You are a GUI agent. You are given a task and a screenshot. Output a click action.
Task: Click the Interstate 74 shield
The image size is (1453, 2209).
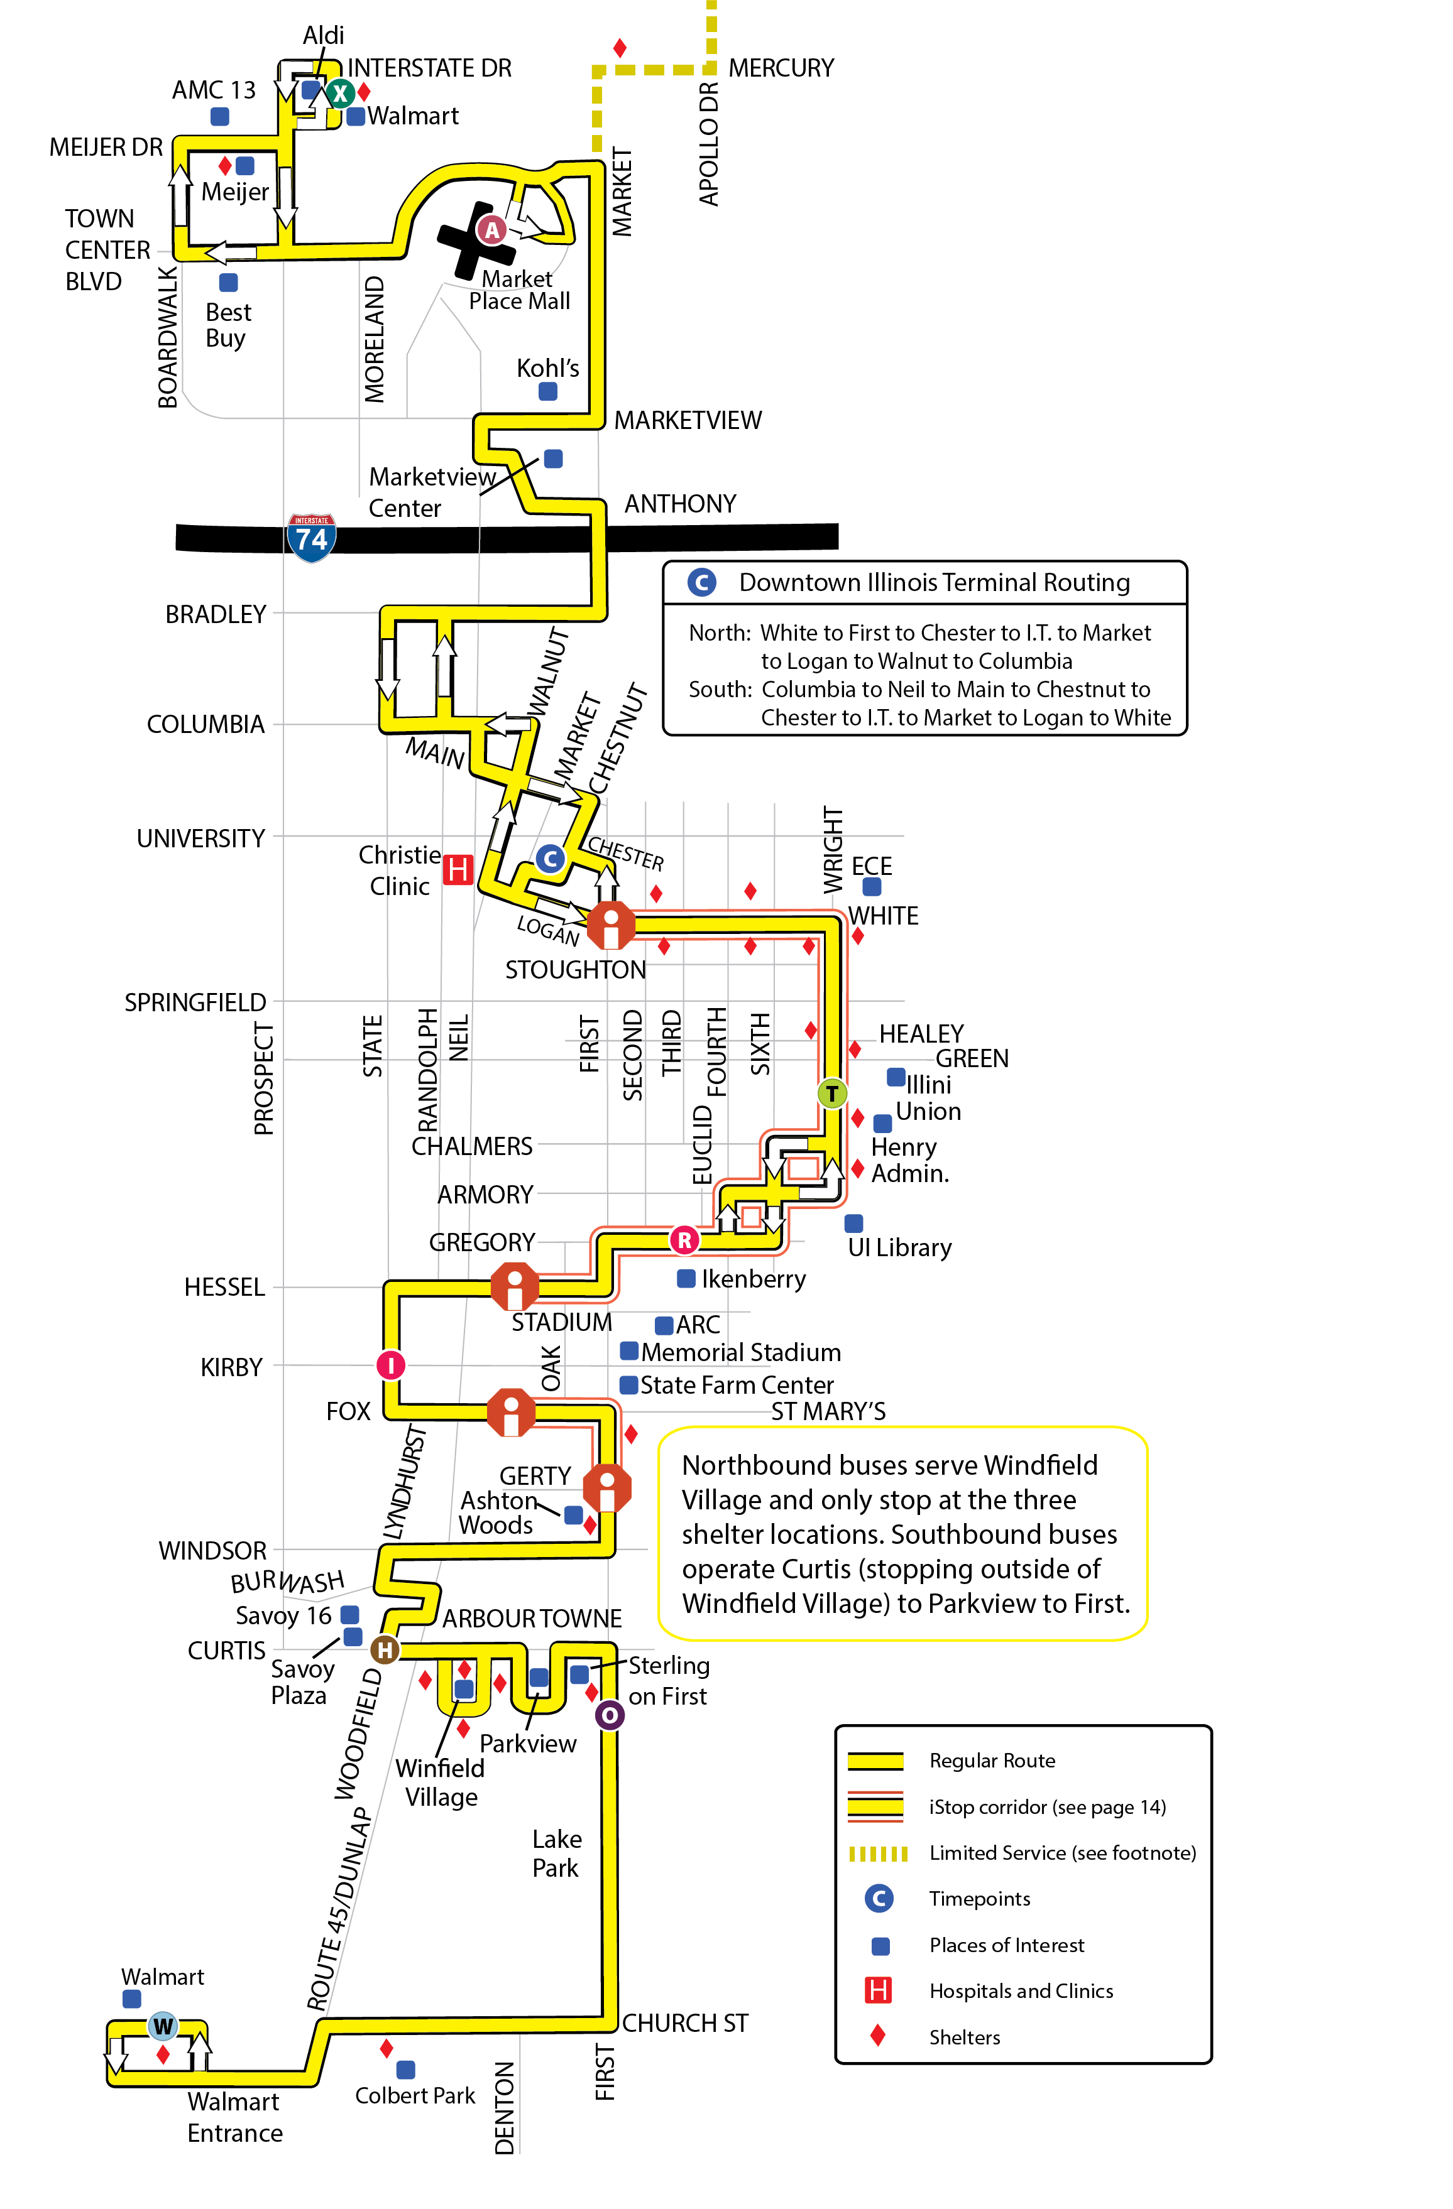tap(311, 538)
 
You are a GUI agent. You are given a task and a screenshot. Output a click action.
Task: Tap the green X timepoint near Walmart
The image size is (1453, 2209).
tap(340, 93)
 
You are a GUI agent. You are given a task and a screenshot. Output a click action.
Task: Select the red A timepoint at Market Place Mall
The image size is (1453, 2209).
tap(491, 229)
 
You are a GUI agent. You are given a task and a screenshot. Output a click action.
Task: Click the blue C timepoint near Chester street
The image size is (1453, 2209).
tap(551, 859)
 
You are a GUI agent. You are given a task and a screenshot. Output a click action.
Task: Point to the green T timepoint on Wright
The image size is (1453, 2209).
tap(832, 1094)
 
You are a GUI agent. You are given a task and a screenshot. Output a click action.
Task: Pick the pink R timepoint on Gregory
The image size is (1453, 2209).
tap(684, 1239)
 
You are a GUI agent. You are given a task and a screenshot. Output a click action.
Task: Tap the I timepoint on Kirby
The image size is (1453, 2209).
tap(391, 1364)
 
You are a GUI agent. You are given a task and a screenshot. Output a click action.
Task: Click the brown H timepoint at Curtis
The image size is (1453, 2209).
tap(385, 1650)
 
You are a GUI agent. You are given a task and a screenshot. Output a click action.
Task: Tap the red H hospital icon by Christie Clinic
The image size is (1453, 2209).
tap(458, 870)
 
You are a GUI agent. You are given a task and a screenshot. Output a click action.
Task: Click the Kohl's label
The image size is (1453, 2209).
tap(548, 369)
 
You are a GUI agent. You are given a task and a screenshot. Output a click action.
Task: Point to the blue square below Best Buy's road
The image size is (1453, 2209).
tap(228, 282)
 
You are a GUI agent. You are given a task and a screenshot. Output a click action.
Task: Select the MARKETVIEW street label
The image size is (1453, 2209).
tap(687, 420)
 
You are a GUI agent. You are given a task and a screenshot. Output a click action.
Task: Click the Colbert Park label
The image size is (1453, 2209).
tap(415, 2096)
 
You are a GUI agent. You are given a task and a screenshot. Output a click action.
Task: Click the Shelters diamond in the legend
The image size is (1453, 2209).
tap(877, 2036)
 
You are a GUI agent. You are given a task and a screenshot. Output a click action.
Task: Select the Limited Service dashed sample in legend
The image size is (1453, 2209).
tap(877, 1853)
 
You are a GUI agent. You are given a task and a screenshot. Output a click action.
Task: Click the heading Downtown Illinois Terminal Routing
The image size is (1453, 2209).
tap(934, 583)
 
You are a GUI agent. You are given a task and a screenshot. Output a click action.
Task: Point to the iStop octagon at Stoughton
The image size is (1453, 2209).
tap(611, 925)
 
